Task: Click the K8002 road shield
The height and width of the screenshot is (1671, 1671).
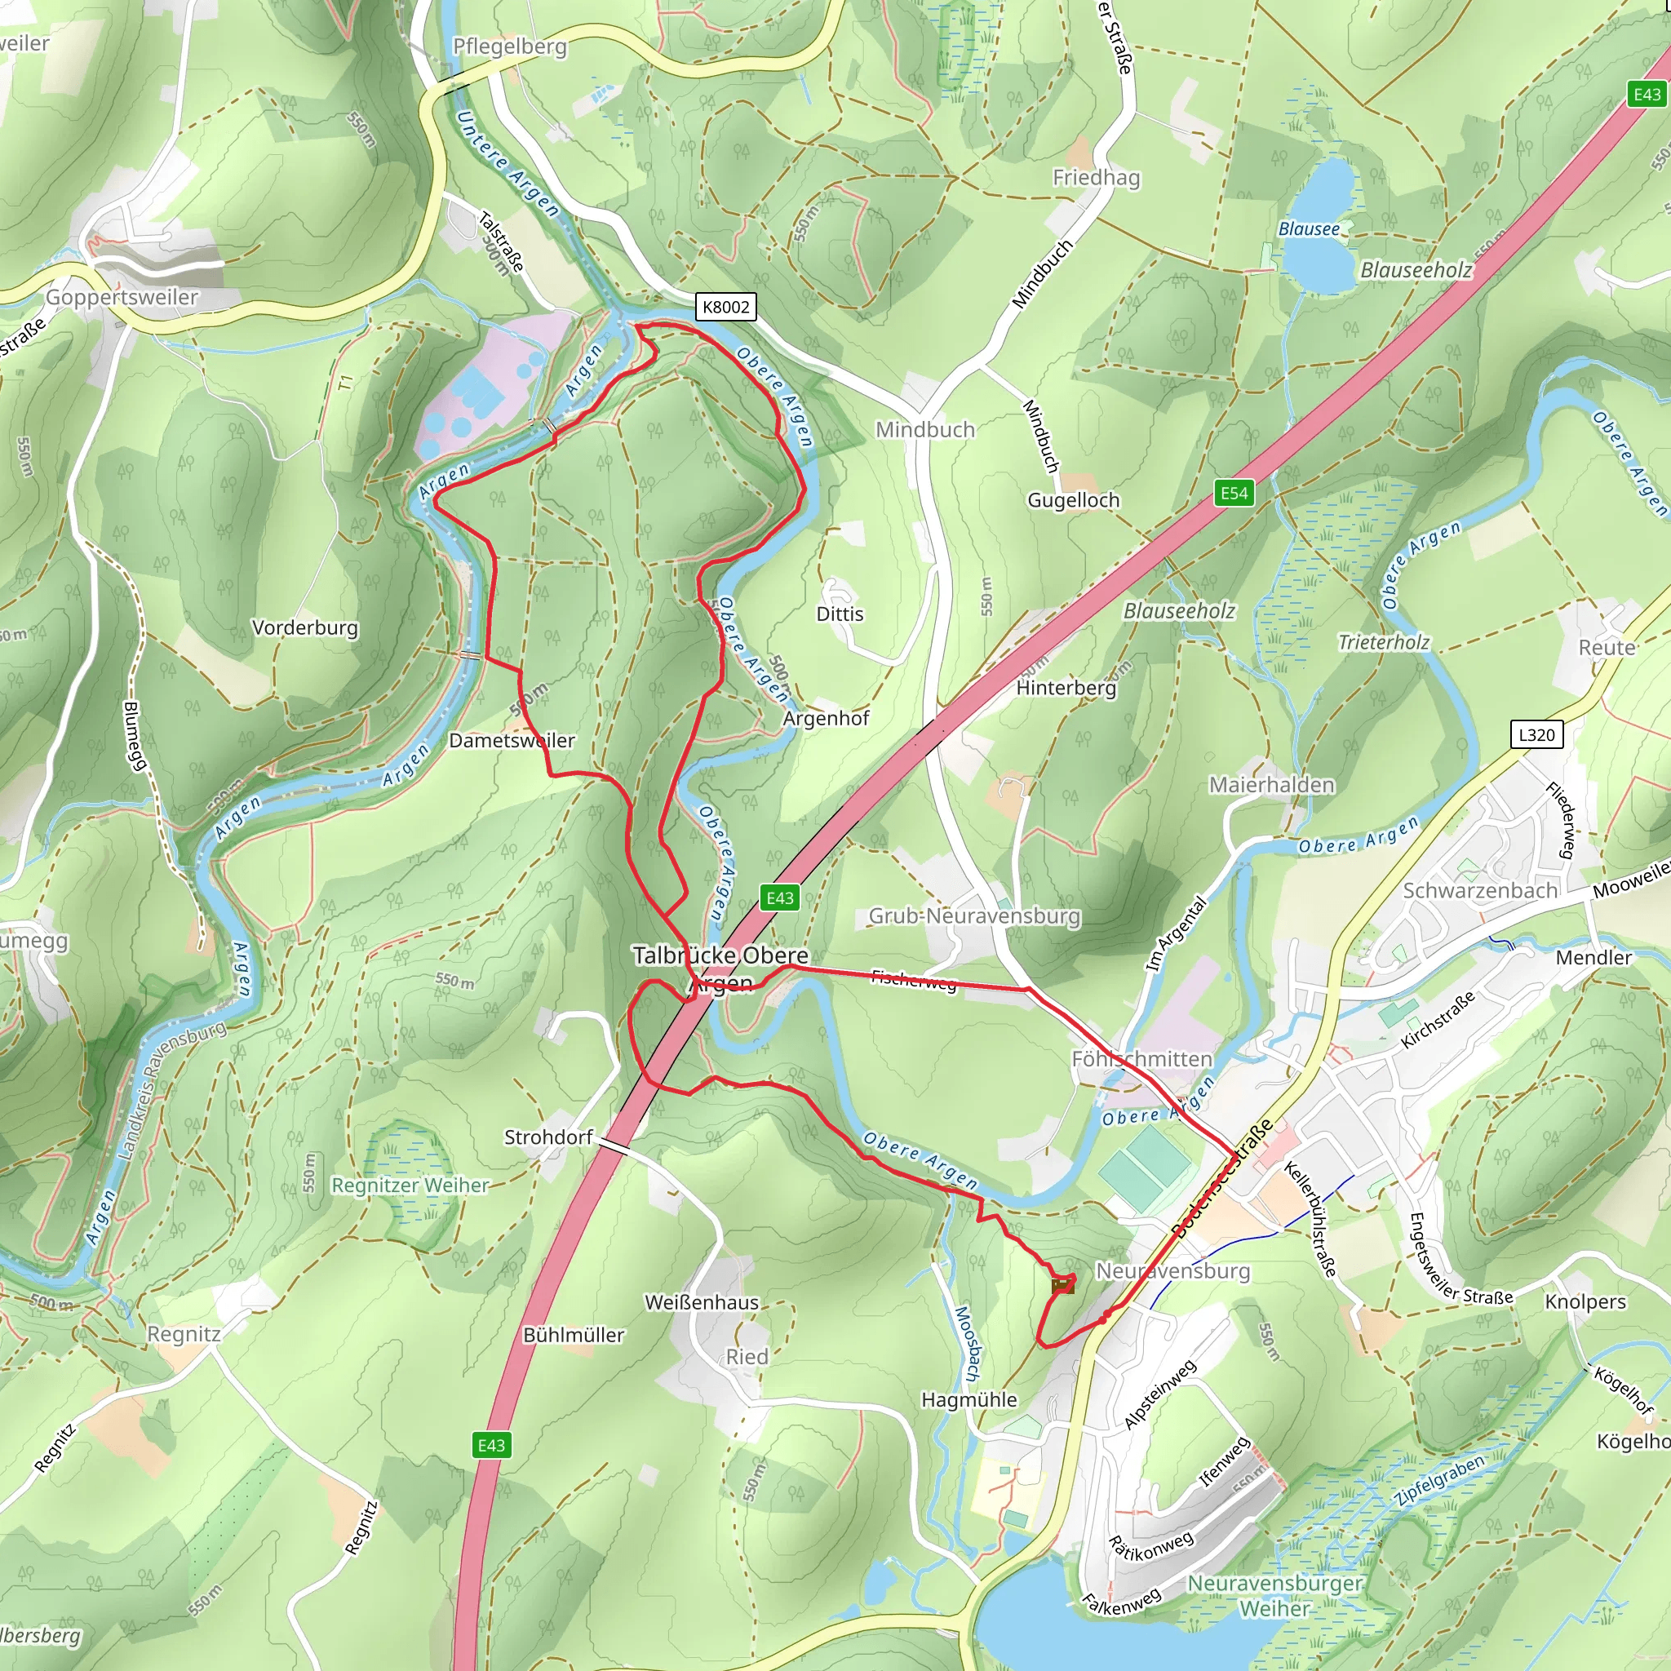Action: (725, 307)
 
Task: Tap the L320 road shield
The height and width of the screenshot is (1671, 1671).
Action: (1536, 735)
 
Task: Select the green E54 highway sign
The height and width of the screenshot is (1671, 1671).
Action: (1234, 493)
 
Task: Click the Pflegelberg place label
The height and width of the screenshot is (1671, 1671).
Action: (509, 46)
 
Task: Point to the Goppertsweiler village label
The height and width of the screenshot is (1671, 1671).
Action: (122, 297)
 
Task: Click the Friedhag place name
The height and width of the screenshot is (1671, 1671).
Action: (1096, 177)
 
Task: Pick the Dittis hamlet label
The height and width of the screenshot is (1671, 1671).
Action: (840, 614)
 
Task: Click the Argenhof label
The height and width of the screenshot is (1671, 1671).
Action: (826, 718)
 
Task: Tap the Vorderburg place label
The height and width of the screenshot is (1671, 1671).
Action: (304, 627)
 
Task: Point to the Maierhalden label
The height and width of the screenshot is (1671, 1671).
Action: (1270, 784)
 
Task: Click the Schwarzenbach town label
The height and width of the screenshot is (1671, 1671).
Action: (1480, 890)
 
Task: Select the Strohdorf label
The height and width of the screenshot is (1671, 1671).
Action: (548, 1137)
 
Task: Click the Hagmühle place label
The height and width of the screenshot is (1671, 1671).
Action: (968, 1399)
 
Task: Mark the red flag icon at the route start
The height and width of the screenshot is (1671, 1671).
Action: (1062, 1286)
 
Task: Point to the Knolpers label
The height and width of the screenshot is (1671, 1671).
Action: (1585, 1301)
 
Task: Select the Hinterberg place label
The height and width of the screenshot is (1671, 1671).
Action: (1066, 688)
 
